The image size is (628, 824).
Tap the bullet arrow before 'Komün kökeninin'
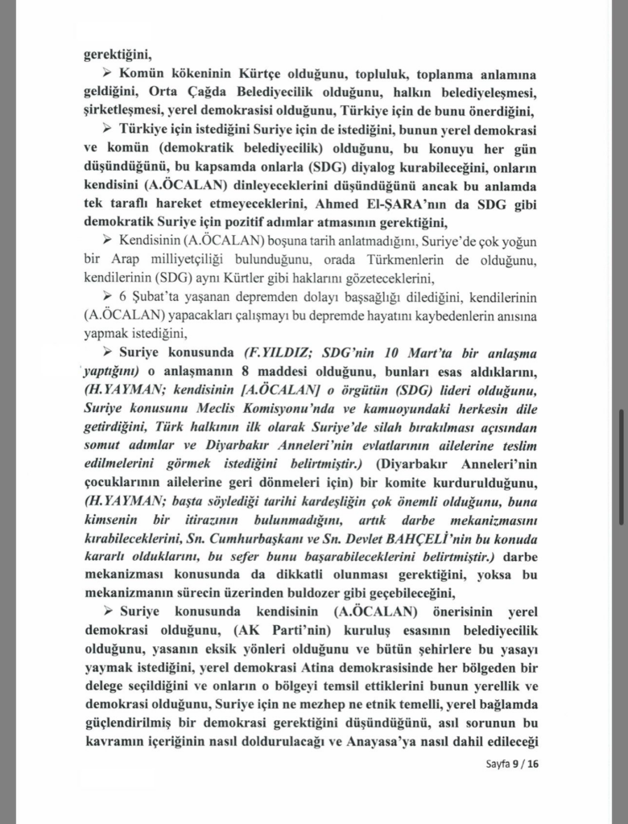pos(110,75)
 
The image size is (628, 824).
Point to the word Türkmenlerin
pos(437,259)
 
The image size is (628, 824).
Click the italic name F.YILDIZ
pos(278,353)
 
